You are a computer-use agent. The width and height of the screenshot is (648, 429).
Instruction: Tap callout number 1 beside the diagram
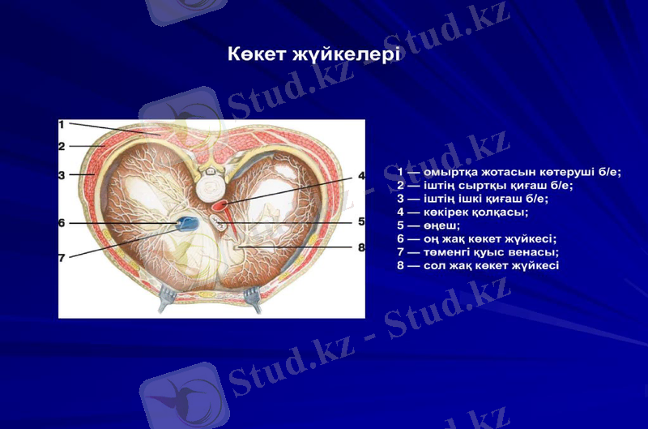click(x=62, y=124)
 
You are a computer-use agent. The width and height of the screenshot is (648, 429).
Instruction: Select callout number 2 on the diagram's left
click(x=62, y=147)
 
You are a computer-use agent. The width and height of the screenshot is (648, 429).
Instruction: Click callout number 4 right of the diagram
click(x=361, y=176)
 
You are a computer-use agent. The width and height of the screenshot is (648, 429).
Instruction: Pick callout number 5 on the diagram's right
click(x=361, y=221)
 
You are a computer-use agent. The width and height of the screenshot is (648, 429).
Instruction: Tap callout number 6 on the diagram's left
click(x=62, y=222)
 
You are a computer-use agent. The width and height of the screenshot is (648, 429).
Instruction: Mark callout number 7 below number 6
click(x=62, y=258)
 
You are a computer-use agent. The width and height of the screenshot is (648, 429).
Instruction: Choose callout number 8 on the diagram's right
click(x=361, y=247)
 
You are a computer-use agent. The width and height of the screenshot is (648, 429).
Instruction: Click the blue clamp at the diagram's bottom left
click(x=166, y=298)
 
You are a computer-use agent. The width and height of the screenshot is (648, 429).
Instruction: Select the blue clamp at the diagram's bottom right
click(x=253, y=298)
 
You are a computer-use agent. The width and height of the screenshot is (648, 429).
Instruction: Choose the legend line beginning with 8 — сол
click(x=478, y=265)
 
